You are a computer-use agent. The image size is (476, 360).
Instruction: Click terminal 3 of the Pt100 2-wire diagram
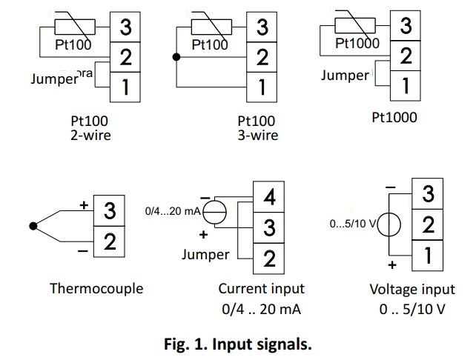(125, 27)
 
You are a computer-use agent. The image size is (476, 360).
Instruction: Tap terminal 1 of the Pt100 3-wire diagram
(262, 87)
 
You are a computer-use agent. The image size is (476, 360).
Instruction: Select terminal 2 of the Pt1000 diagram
(405, 56)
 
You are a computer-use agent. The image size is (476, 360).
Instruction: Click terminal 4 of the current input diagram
(270, 198)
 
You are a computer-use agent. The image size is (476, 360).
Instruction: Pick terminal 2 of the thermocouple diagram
(109, 241)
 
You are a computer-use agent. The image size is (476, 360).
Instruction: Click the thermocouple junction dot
(33, 225)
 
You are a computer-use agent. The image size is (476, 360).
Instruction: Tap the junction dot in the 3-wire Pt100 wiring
(176, 57)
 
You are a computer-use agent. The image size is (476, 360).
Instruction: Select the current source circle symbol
(216, 212)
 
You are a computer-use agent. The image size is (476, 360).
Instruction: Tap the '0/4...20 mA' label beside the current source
(173, 212)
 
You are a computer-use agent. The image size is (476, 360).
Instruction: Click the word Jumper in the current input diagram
(205, 255)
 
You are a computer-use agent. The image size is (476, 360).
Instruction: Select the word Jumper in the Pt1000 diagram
(344, 75)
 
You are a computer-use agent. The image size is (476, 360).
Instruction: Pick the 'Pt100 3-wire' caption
(257, 127)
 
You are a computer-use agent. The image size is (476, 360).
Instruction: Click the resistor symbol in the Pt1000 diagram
(354, 27)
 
